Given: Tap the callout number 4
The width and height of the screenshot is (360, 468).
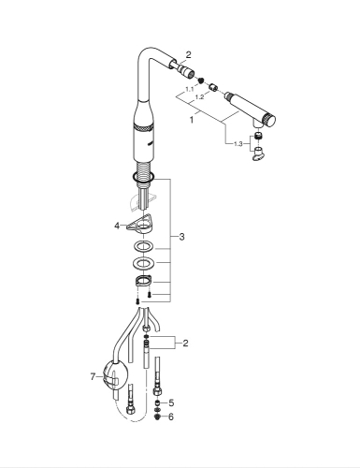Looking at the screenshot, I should click(117, 225).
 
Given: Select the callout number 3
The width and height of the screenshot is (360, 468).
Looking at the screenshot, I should click(181, 237).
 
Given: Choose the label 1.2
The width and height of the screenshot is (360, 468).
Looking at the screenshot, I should click(197, 97).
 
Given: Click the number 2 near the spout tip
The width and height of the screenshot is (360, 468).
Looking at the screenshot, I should click(188, 56).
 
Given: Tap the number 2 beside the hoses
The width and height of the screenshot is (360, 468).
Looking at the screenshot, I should click(185, 344).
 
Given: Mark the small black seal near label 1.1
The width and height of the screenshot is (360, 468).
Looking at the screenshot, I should click(199, 81).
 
